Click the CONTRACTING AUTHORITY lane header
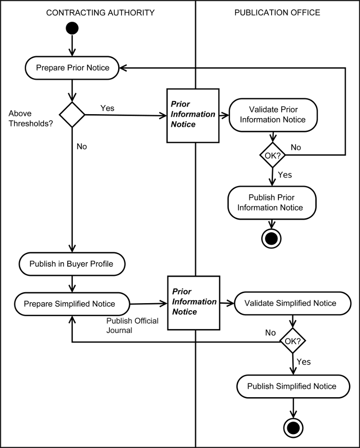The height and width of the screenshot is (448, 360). coord(100,12)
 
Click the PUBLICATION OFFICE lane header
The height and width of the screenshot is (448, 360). coord(277,12)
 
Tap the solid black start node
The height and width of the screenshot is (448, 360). coord(72,28)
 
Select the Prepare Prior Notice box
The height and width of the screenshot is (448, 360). coord(73,68)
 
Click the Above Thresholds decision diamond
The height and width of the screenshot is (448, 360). coord(72,115)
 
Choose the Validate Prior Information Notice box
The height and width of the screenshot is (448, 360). coord(273,114)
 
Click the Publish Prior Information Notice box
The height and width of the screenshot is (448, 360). coord(272,202)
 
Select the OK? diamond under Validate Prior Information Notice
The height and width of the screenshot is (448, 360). coord(273,154)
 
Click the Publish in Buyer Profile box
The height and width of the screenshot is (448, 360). coord(72,263)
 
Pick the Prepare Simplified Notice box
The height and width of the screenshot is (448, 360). coord(72,304)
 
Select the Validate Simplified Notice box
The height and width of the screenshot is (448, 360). coord(290,303)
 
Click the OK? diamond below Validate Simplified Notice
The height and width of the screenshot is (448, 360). coord(293,342)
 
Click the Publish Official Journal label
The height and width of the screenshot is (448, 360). coord(132,325)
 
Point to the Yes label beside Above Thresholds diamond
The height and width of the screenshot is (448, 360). coord(107,108)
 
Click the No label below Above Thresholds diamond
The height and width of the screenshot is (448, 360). coord(82,146)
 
